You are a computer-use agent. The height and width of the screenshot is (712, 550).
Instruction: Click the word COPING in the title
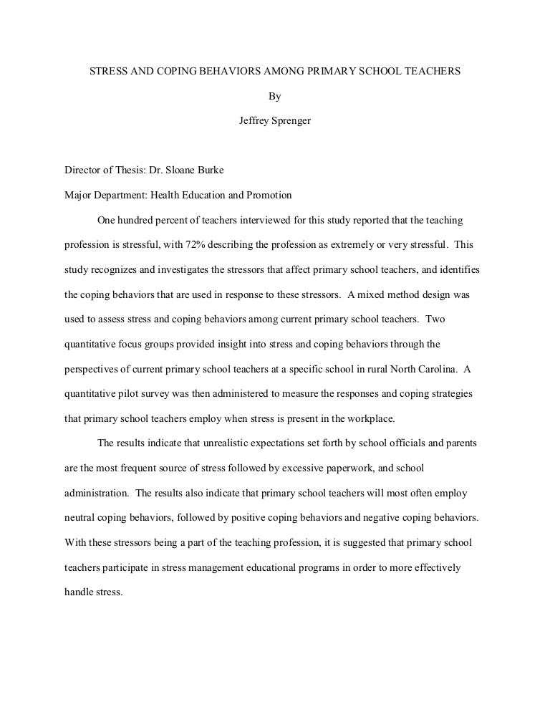(x=178, y=72)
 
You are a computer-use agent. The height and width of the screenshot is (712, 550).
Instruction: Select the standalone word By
(x=274, y=97)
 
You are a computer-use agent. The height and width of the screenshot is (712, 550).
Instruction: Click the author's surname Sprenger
(x=291, y=120)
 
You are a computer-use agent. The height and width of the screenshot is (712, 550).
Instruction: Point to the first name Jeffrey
(x=254, y=120)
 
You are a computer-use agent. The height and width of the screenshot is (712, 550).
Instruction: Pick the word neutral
(x=79, y=518)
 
